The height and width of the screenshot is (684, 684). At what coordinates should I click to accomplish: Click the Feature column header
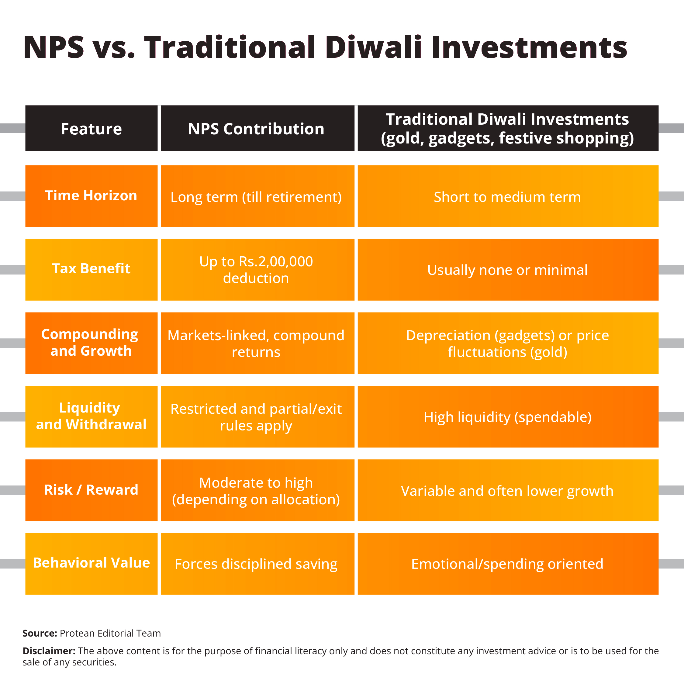91,129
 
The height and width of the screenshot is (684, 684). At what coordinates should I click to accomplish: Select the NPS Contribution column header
256,129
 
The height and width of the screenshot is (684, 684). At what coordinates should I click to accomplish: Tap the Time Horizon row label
91,195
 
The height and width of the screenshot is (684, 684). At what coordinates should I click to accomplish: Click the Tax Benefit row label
91,268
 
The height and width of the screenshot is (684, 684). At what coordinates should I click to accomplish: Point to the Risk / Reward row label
91,490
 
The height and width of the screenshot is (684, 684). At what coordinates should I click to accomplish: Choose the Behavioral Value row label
91,563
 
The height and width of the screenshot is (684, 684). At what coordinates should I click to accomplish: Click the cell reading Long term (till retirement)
256,197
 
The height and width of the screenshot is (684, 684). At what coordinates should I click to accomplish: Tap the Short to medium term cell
507,197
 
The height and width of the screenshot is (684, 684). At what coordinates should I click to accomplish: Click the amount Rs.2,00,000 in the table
276,262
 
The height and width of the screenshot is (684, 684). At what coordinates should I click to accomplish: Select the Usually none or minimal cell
507,270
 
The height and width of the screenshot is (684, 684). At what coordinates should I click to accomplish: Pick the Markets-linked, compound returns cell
256,344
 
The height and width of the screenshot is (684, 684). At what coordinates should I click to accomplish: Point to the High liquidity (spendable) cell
507,417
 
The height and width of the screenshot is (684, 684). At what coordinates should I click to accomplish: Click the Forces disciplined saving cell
256,564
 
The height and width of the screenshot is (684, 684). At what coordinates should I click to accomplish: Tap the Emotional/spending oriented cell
507,564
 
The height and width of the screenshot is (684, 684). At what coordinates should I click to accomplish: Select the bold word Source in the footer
39,633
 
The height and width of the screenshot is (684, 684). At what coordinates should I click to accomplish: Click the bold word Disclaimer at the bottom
49,651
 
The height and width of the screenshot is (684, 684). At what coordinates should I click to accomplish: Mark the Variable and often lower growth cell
507,491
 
